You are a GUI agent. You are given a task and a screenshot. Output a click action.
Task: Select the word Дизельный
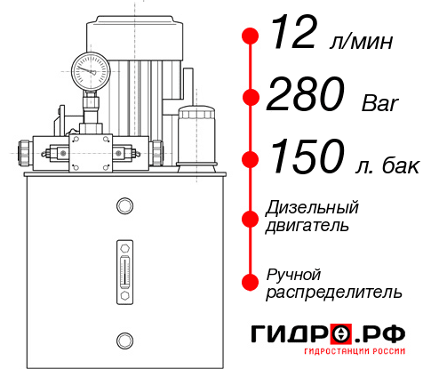click(312, 208)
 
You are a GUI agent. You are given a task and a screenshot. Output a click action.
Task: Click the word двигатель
click(307, 226)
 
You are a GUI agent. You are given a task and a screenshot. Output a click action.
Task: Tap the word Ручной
click(294, 274)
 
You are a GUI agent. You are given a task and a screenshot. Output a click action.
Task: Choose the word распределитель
click(334, 292)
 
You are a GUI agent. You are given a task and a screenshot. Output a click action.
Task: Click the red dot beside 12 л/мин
click(251, 36)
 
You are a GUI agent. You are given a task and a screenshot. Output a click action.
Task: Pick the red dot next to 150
click(251, 158)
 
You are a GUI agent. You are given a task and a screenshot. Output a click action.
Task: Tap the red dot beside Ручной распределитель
click(251, 282)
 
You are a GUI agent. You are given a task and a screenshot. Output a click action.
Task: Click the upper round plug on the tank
click(124, 206)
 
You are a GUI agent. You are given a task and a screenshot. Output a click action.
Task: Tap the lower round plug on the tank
click(124, 339)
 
